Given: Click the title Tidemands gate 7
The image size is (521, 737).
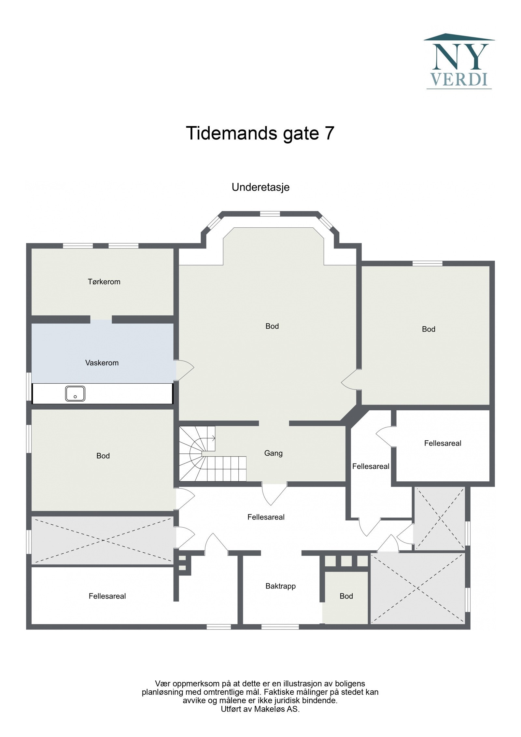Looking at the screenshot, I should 260,134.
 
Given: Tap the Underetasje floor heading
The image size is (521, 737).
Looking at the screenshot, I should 260,187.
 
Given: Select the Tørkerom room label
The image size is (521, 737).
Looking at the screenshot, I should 104,282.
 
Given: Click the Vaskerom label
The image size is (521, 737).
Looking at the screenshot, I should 102,363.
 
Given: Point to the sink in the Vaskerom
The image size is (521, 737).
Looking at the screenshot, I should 75,393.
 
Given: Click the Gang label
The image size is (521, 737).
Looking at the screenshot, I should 273,453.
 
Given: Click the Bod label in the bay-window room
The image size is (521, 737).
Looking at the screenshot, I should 272,326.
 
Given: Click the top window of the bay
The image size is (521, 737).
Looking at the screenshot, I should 270,214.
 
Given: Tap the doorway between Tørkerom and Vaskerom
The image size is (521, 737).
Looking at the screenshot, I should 101,319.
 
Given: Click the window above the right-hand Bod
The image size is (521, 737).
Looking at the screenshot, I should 427,263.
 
